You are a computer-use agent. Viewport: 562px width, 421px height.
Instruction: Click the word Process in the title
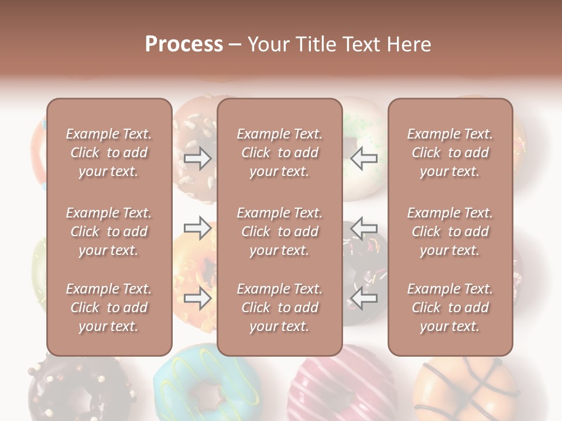point(184,44)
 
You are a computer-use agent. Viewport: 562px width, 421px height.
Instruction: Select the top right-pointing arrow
point(198,158)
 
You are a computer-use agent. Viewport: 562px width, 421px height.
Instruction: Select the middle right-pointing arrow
point(198,227)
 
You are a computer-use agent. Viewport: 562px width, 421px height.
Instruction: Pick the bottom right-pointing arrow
point(198,298)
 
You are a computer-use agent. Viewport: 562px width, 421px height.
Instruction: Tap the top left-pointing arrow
point(364,158)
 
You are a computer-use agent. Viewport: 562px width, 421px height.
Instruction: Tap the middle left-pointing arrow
point(364,227)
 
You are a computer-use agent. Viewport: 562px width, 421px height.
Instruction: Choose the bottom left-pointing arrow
point(364,298)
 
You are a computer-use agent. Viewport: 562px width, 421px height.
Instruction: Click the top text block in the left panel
point(109,153)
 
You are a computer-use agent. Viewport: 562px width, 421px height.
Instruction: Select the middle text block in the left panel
point(109,232)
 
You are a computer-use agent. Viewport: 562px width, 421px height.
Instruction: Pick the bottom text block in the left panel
point(109,308)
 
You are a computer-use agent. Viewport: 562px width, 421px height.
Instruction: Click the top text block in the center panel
point(279,153)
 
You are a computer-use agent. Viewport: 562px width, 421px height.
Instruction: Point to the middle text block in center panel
point(279,232)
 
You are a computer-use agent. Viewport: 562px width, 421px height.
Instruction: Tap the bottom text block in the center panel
point(279,308)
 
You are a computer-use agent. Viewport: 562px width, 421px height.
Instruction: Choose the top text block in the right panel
point(450,153)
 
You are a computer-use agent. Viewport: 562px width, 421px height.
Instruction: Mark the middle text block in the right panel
point(450,232)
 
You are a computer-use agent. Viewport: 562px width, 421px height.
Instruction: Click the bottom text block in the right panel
point(450,308)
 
